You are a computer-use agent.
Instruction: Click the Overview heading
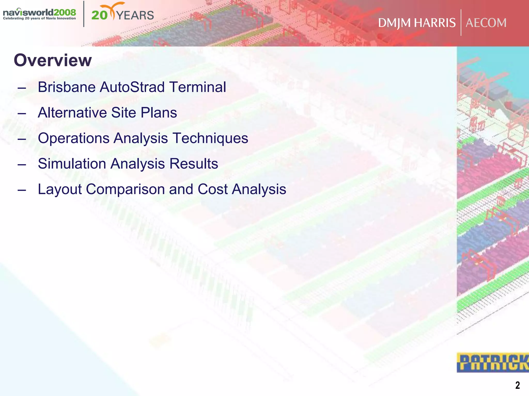53,60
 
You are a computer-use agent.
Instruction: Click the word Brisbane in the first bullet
66,87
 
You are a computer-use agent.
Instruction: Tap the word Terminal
198,87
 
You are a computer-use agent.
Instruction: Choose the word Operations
74,138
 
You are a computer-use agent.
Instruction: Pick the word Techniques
210,138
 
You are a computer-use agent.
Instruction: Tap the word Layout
60,189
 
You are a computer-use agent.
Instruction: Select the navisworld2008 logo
40,14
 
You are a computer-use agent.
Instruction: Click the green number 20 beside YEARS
99,15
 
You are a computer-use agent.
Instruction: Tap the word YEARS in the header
135,15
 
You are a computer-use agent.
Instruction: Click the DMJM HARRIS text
417,23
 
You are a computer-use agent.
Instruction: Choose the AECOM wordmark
486,23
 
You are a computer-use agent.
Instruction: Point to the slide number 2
517,385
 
